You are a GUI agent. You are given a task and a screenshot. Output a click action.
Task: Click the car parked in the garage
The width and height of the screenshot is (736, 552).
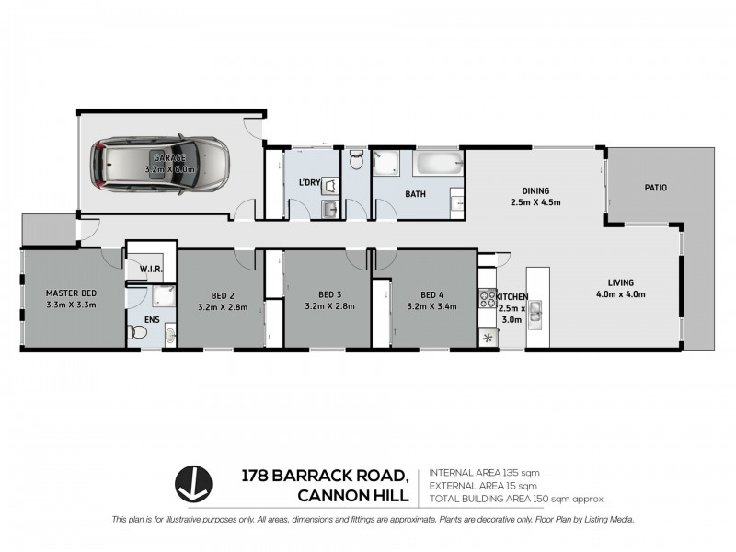pyautogui.click(x=158, y=166)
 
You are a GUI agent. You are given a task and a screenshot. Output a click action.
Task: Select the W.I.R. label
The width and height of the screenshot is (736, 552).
pyautogui.click(x=152, y=270)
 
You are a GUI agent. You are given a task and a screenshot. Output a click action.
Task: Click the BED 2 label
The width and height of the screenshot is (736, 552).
pyautogui.click(x=221, y=295)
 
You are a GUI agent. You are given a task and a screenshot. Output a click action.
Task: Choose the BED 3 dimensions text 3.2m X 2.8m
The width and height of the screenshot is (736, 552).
pyautogui.click(x=328, y=307)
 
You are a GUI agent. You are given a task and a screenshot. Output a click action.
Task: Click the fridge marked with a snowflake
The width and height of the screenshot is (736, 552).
pyautogui.click(x=487, y=338)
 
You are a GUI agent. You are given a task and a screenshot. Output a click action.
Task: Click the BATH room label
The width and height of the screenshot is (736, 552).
pyautogui.click(x=415, y=194)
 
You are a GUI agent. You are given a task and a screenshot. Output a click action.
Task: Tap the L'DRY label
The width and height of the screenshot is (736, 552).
pyautogui.click(x=308, y=182)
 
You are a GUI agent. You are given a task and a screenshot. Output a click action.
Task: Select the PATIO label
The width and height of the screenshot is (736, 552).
pyautogui.click(x=654, y=187)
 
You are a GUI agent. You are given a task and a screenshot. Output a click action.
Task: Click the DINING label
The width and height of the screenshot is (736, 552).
pyautogui.click(x=535, y=190)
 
